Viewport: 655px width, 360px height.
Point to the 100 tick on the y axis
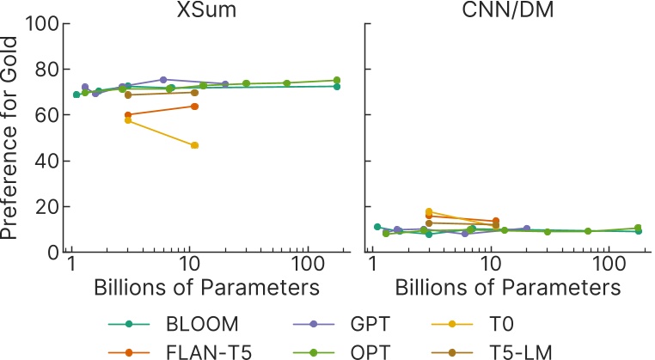pyautogui.click(x=41, y=23)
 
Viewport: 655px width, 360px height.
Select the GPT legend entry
pyautogui.click(x=370, y=324)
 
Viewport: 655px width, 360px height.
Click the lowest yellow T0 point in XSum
pyautogui.click(x=195, y=145)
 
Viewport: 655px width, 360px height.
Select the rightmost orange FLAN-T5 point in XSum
pyautogui.click(x=195, y=106)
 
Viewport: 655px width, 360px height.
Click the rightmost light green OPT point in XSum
pyautogui.click(x=337, y=80)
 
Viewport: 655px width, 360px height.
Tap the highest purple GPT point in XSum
pyautogui.click(x=163, y=79)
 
